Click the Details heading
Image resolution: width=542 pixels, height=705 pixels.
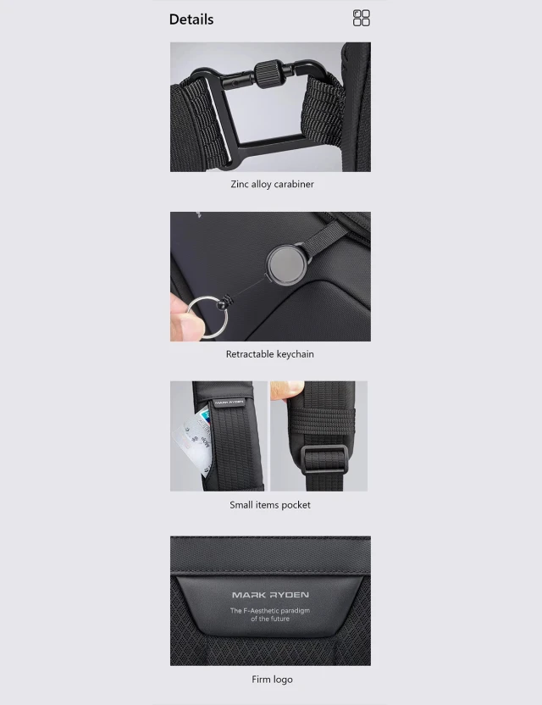191,19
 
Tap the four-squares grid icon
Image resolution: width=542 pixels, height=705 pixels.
362,19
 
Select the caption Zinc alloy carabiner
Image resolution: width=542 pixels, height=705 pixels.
272,184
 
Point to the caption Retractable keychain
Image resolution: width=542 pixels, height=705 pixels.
269,354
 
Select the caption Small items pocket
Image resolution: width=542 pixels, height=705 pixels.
270,505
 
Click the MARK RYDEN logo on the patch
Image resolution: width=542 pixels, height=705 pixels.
270,595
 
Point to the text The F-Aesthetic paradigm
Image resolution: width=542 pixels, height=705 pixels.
270,610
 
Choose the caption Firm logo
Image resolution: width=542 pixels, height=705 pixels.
272,680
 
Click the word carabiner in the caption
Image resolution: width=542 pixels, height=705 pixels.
294,184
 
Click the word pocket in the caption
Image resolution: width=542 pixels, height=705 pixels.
296,505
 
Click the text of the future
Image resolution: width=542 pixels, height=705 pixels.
270,619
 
